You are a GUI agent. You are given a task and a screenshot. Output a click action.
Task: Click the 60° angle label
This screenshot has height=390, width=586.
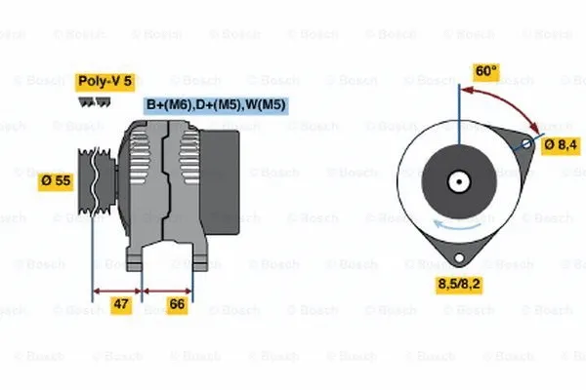484,71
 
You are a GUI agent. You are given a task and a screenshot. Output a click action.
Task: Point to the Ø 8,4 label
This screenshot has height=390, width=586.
562,145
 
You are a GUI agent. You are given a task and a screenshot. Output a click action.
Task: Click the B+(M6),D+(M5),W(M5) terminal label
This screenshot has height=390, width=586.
215,103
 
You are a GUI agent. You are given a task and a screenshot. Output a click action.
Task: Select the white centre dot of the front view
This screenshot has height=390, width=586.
457,180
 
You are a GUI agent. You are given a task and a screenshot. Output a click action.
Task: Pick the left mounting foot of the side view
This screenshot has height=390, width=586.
140,258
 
